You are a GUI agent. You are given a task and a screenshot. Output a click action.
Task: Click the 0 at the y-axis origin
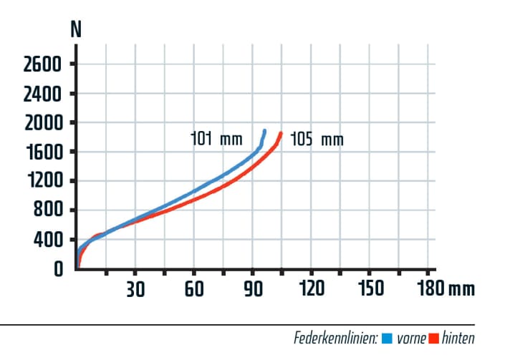[x=58, y=268]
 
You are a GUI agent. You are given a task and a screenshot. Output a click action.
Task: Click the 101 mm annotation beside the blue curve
[x=217, y=138]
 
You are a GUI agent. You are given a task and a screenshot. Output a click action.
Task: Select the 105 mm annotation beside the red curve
[x=317, y=139]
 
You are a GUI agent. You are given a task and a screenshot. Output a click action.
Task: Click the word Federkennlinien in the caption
[x=336, y=338]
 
